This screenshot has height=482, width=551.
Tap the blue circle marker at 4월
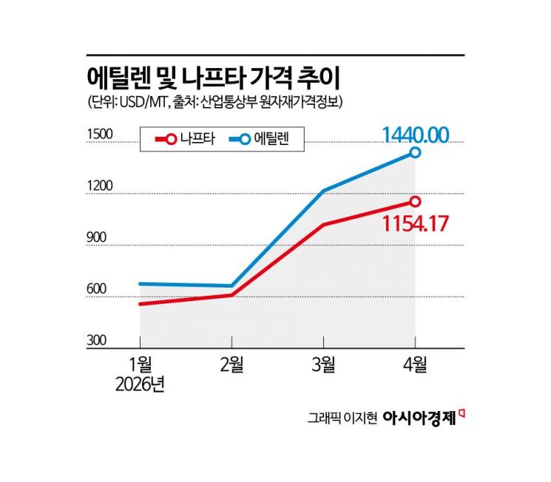pos(415,152)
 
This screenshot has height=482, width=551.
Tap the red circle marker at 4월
pos(415,201)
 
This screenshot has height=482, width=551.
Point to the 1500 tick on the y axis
pos(100,134)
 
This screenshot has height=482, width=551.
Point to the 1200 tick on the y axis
pos(100,186)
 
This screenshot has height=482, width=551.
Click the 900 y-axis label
pos(98,237)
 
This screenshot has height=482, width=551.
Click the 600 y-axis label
pos(98,289)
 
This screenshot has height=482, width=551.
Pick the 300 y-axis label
pos(98,341)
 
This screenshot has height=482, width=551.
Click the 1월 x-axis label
pos(140,365)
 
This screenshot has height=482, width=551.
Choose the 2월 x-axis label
pos(231,365)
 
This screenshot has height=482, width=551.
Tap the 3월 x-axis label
pos(323,365)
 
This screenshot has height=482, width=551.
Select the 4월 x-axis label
pos(415,365)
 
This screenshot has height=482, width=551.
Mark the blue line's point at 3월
pos(323,191)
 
